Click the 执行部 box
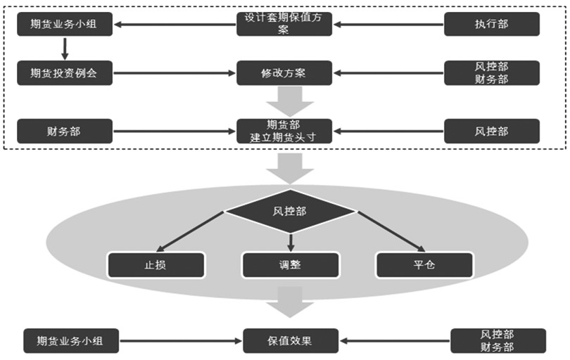[492, 25]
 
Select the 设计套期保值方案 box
[284, 25]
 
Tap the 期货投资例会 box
[65, 72]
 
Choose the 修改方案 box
[284, 72]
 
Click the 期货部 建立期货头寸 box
[284, 131]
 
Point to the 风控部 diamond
[290, 210]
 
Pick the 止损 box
[156, 264]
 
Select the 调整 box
[290, 264]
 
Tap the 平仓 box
[424, 264]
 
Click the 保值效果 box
[290, 340]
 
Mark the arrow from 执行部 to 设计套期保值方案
[388, 25]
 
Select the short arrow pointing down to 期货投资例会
[65, 49]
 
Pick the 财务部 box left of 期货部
[65, 131]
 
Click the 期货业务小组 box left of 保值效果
[70, 340]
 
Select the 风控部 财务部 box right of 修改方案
[492, 72]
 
